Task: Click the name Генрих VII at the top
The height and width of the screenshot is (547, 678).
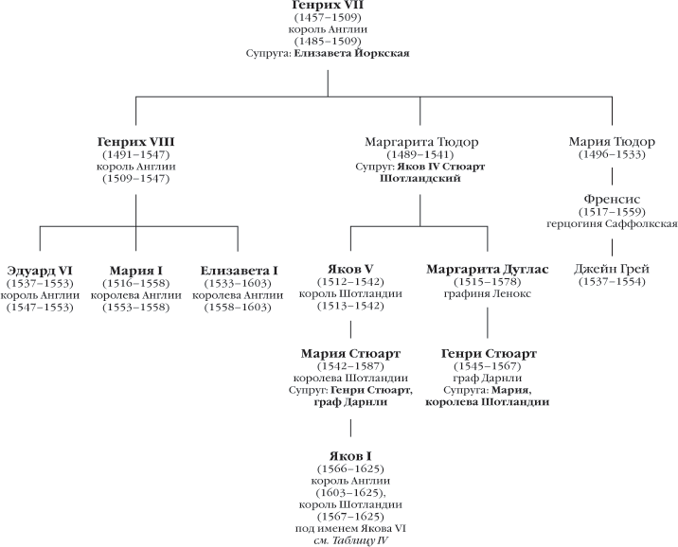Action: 327,6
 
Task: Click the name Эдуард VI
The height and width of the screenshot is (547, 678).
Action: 39,271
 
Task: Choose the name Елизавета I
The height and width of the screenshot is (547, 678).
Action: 239,271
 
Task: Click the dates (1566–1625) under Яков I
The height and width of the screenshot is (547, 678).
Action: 349,468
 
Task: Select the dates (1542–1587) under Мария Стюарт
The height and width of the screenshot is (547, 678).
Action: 349,365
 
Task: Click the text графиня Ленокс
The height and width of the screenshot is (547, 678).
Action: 487,293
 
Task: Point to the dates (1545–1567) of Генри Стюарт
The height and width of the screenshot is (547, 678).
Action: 487,365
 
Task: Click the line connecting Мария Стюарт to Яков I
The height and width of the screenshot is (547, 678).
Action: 350,428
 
